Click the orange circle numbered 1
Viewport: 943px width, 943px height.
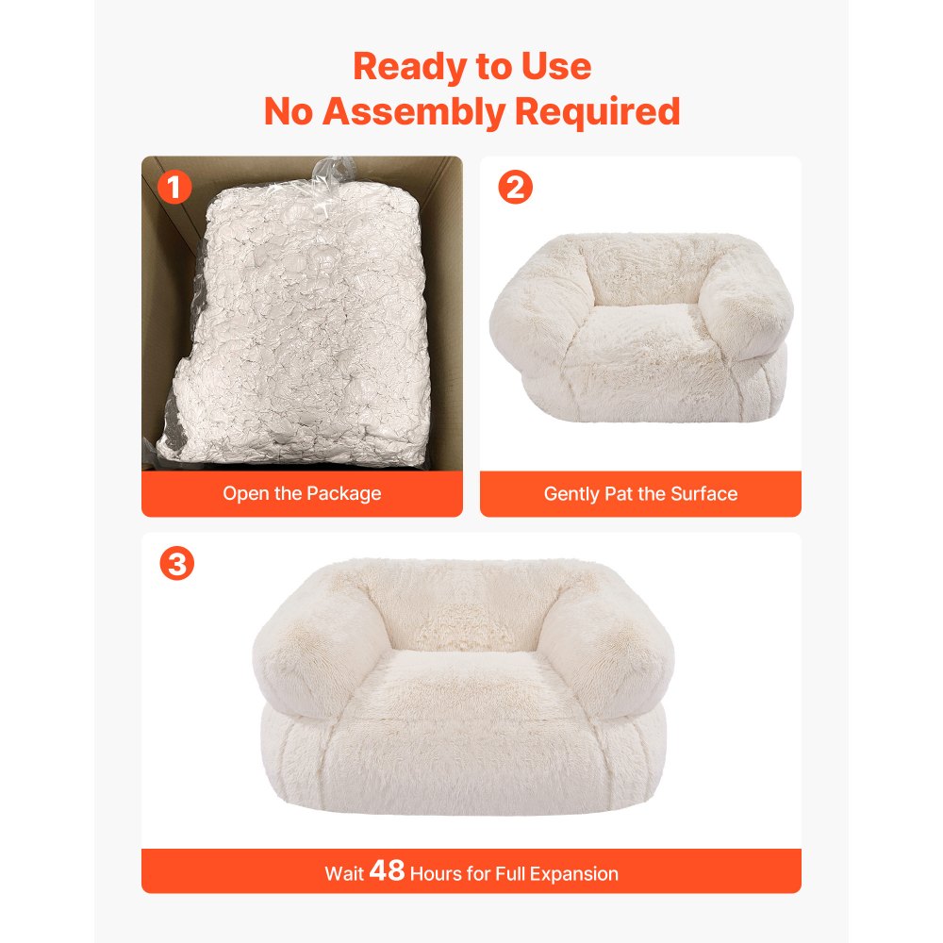coord(174,188)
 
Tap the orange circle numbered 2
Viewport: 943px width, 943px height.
coord(514,188)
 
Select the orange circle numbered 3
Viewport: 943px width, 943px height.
coord(176,564)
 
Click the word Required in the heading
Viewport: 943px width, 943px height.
coord(597,112)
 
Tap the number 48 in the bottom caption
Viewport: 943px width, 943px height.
coord(387,872)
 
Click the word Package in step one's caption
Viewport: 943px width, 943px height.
coord(343,493)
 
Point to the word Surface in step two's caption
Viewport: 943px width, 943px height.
coord(703,493)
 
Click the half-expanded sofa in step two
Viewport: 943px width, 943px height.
coord(640,321)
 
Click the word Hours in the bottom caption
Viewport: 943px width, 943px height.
coord(438,873)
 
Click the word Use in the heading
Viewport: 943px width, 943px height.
coord(558,67)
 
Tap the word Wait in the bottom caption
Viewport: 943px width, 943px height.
coord(344,873)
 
